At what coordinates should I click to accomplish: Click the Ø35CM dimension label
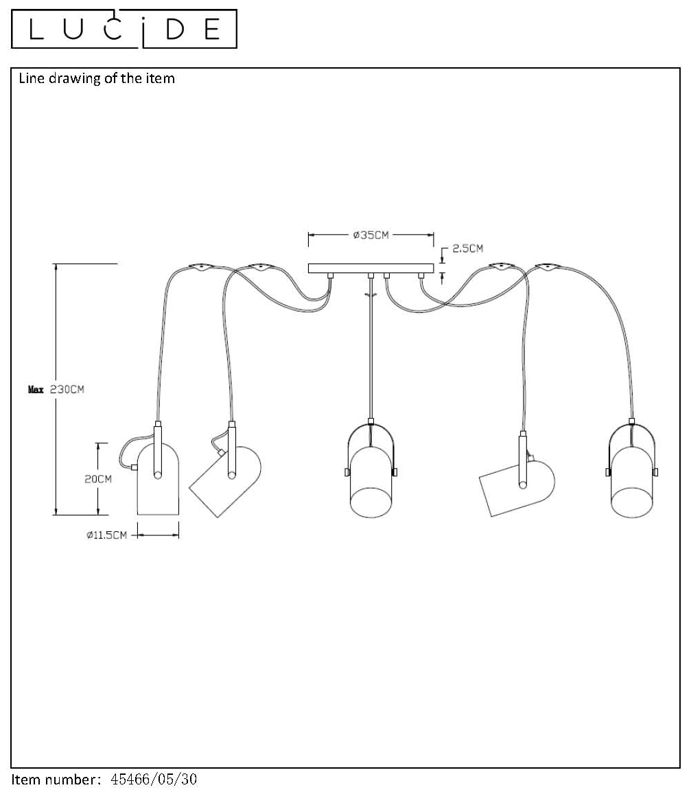(x=371, y=235)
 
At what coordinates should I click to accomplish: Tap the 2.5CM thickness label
(x=468, y=248)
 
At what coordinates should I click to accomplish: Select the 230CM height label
(x=67, y=389)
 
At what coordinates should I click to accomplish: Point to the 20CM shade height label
(x=98, y=479)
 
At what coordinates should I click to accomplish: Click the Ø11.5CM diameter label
(x=106, y=535)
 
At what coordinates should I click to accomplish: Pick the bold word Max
(x=36, y=389)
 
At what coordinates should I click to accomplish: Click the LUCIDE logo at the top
(x=124, y=29)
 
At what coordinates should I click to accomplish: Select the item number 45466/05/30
(x=154, y=779)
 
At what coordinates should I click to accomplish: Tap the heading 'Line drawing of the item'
(x=97, y=78)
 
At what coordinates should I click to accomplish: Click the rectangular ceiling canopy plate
(x=371, y=268)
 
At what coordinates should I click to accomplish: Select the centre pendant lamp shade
(x=371, y=482)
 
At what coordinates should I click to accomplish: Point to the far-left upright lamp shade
(x=158, y=479)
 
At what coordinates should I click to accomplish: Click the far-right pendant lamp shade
(x=632, y=482)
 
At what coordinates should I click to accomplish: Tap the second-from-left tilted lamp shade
(x=226, y=481)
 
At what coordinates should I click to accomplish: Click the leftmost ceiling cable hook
(x=200, y=267)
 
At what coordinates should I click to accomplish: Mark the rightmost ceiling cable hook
(x=548, y=267)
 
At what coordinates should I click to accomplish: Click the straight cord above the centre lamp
(x=371, y=349)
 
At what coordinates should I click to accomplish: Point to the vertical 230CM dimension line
(x=56, y=389)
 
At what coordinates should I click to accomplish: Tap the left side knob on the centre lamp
(x=347, y=472)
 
